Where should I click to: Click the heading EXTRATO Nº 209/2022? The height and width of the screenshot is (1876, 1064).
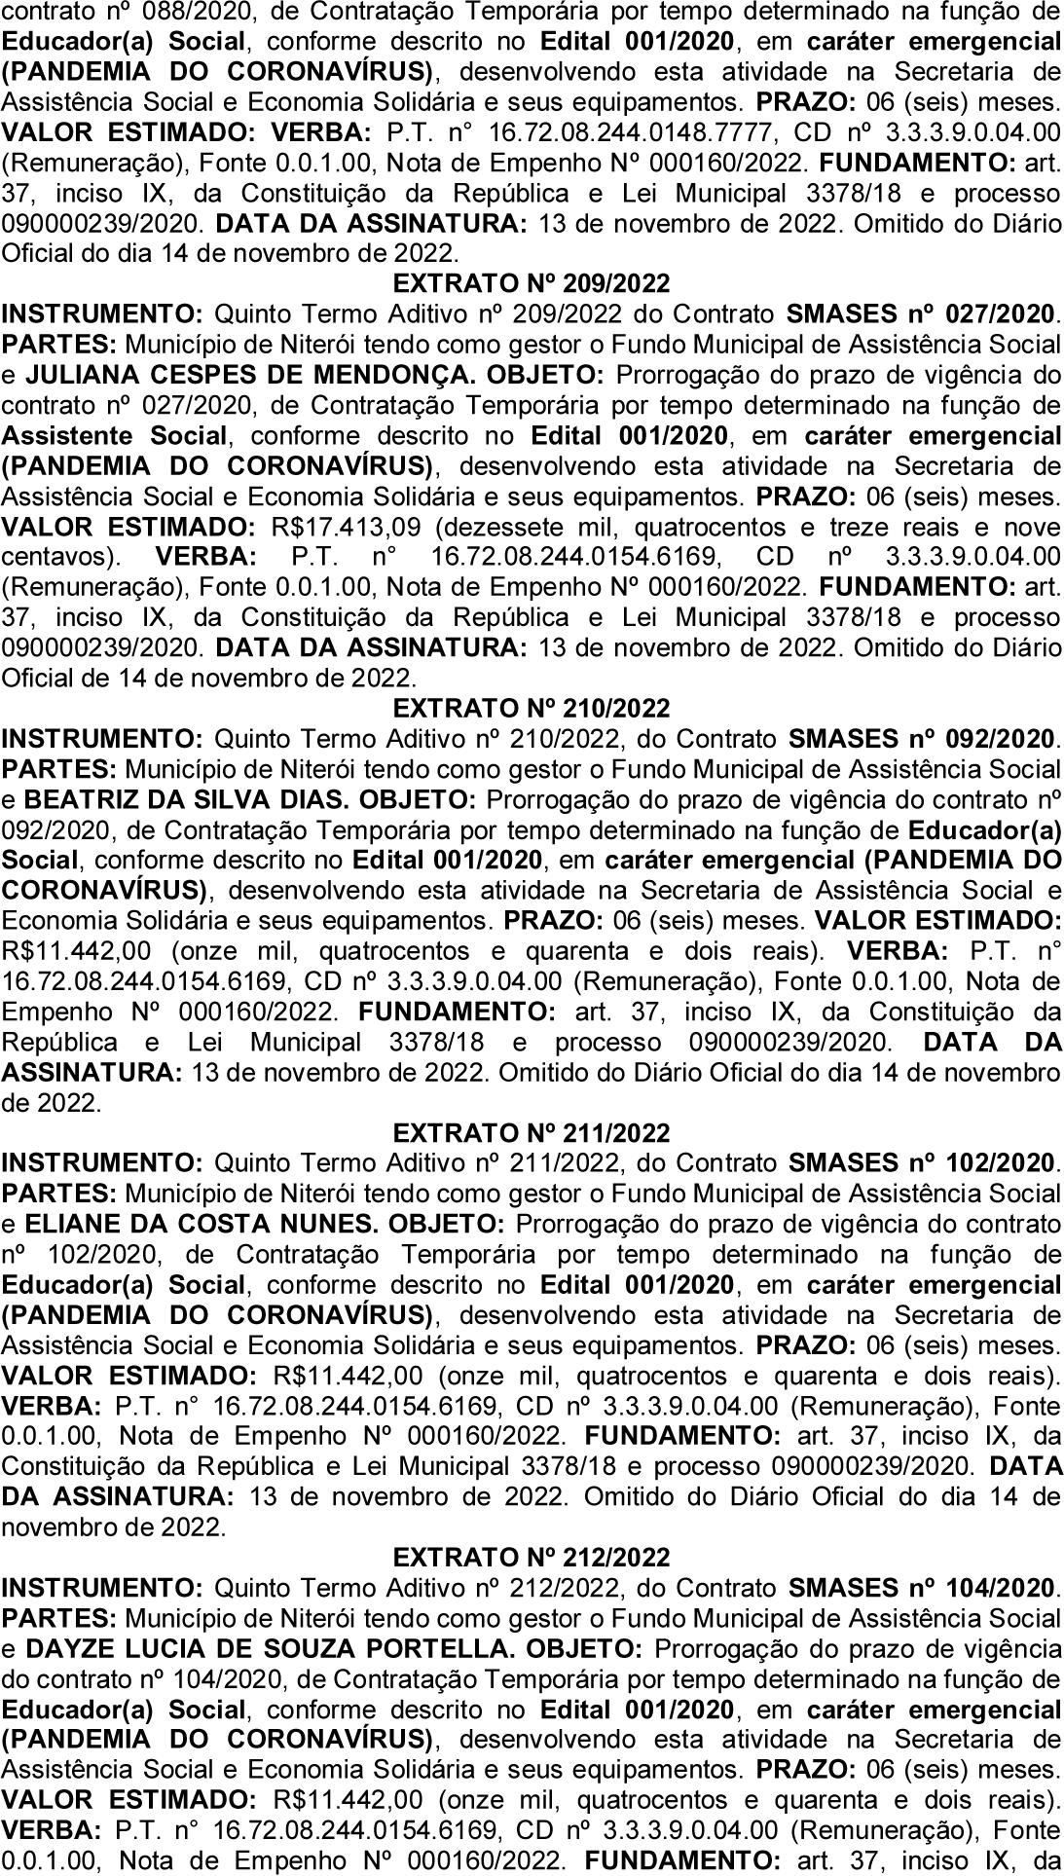coord(532,283)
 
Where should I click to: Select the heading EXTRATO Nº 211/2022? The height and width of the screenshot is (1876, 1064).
coord(532,1133)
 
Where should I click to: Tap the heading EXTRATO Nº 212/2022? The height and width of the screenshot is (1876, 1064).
coord(532,1558)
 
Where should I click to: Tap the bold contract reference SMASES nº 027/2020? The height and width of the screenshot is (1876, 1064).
coord(921,313)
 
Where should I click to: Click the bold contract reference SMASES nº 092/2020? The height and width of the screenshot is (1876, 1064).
coord(921,739)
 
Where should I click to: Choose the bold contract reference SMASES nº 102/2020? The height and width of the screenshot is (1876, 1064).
coord(921,1163)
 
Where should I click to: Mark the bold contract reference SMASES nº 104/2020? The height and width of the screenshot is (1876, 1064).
coord(921,1588)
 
